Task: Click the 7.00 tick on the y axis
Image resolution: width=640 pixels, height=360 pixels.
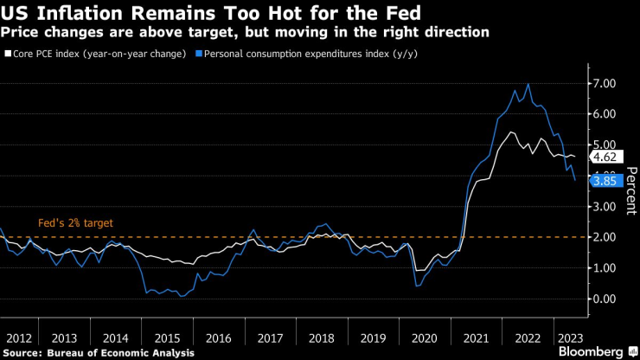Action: coord(605,82)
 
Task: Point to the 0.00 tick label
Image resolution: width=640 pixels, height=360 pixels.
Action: coord(605,299)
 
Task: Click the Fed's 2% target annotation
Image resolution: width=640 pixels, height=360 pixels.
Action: coord(76,222)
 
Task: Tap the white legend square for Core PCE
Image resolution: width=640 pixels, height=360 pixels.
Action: coord(6,53)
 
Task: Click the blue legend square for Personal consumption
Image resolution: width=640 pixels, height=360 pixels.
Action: coord(199,53)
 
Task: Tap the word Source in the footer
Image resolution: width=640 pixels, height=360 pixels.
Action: coord(22,352)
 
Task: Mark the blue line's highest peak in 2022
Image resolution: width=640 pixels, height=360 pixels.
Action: coord(528,84)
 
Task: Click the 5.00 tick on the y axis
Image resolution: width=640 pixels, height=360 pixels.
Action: coord(605,145)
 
